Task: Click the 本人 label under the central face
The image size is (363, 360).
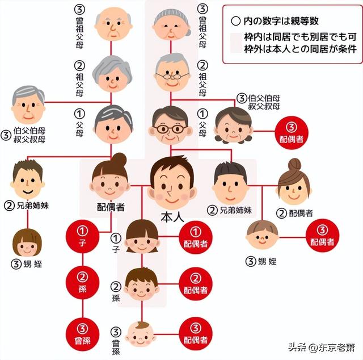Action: (x=172, y=217)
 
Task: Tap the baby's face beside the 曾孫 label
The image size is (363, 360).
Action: (x=140, y=334)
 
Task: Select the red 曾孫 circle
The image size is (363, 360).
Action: (x=83, y=334)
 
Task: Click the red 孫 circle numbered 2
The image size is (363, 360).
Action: (x=83, y=283)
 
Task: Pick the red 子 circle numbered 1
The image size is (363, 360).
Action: (x=83, y=236)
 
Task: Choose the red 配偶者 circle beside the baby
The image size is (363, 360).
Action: (x=196, y=334)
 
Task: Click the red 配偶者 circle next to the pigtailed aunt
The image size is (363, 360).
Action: (x=291, y=133)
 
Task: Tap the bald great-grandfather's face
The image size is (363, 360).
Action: (x=113, y=24)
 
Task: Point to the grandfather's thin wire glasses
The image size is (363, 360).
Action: (x=172, y=76)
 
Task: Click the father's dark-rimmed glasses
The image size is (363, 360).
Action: (x=170, y=129)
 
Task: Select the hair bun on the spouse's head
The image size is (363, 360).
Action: (x=119, y=159)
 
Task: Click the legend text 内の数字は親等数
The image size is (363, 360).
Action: (x=281, y=21)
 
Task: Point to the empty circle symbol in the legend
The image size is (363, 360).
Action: (x=235, y=22)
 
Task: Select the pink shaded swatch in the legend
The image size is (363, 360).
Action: (x=236, y=43)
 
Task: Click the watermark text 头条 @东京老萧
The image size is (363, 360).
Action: (x=322, y=348)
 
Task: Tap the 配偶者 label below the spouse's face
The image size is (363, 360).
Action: (x=111, y=207)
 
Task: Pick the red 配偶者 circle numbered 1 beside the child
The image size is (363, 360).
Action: (x=196, y=237)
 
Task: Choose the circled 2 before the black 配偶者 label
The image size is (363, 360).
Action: (x=281, y=213)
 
